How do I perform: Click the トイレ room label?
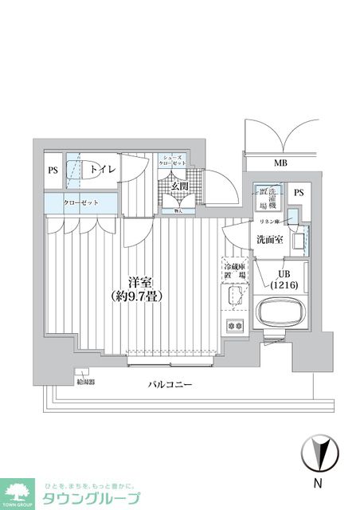[x=103, y=170]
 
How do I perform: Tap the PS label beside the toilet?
[x=53, y=170]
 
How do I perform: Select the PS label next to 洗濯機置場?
[x=299, y=193]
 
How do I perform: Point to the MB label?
[x=280, y=163]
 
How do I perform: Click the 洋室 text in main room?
[x=141, y=281]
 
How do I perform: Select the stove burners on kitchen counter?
[x=235, y=326]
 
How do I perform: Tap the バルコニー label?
[x=170, y=385]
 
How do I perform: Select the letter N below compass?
[x=317, y=483]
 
